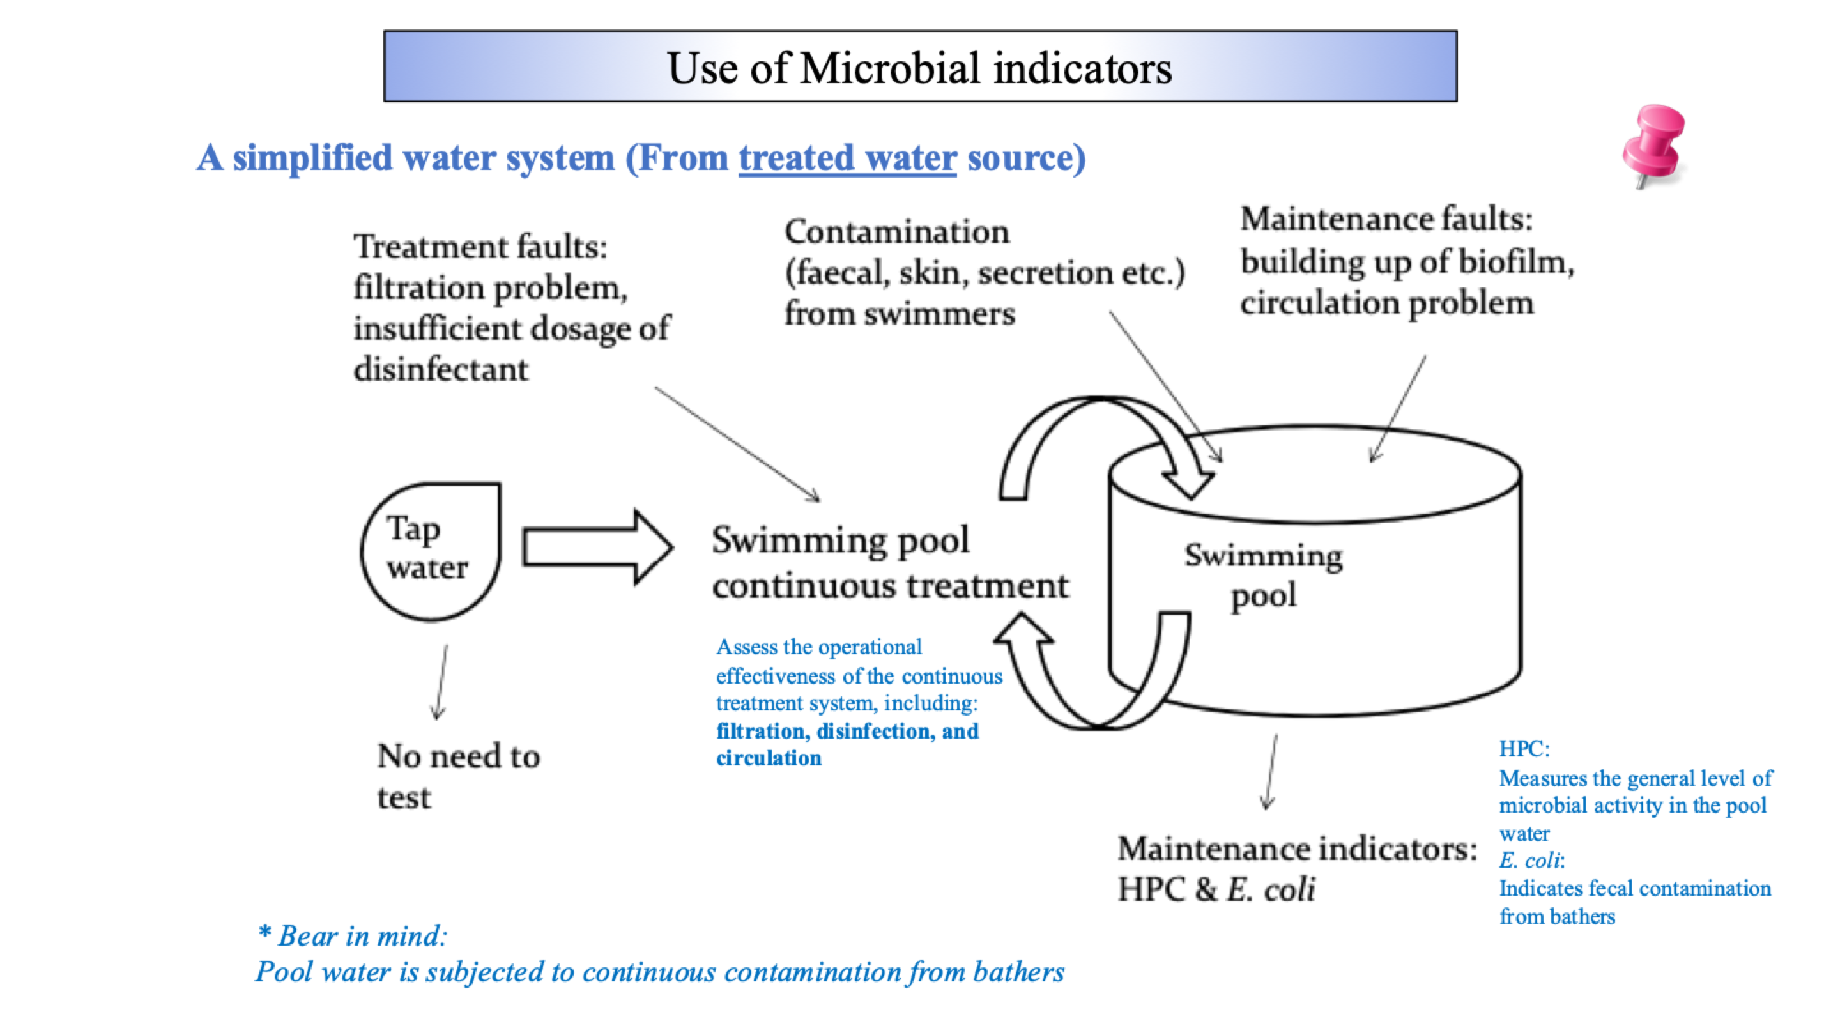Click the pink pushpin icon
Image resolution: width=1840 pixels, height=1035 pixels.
click(x=1654, y=145)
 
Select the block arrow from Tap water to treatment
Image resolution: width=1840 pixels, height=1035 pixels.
click(x=597, y=547)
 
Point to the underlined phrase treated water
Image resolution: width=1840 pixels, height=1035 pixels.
click(x=847, y=158)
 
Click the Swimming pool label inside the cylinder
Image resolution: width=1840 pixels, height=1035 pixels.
click(x=1264, y=575)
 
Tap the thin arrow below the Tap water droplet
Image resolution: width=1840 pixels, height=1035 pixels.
click(x=441, y=682)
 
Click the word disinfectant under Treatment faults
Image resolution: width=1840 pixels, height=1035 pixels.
click(x=441, y=369)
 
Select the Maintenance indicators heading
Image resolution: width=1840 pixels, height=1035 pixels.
click(x=1297, y=848)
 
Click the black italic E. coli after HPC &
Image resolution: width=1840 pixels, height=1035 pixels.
click(x=1271, y=889)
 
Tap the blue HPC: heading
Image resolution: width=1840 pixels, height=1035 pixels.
click(x=1524, y=749)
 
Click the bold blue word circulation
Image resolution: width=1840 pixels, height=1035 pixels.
click(x=769, y=758)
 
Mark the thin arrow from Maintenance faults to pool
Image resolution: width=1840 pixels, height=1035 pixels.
click(x=1397, y=409)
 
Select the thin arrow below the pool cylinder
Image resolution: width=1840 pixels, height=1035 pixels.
click(x=1271, y=771)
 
